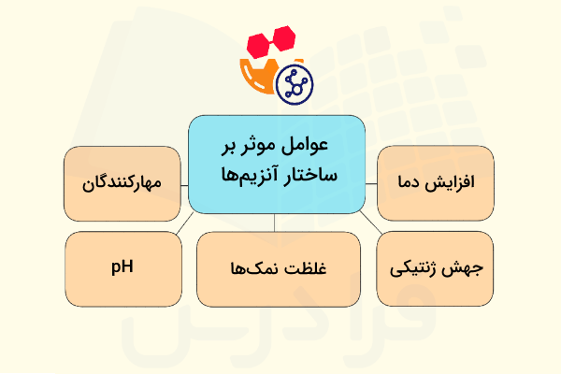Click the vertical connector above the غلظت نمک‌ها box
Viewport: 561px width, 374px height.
click(x=274, y=222)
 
